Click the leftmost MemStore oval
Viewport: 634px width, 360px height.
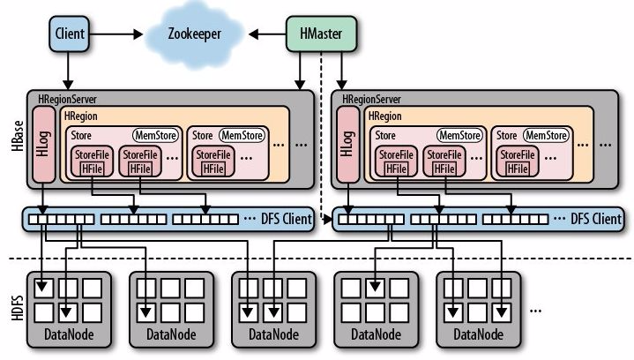pos(156,135)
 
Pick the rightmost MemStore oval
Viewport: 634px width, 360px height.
pos(545,135)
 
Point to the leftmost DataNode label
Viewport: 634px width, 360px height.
pos(68,335)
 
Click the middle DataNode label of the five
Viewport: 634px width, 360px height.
pos(272,335)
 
